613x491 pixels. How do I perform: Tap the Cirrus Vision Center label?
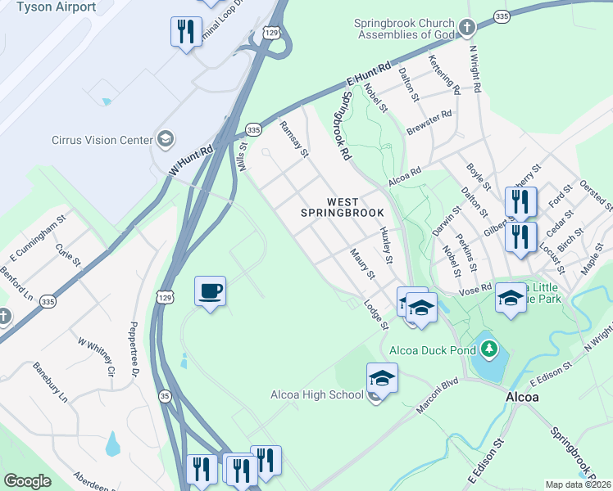(x=102, y=139)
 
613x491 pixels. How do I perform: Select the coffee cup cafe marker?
(x=211, y=291)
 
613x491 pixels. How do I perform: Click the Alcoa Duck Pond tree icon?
(x=489, y=349)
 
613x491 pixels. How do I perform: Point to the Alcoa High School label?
(x=317, y=395)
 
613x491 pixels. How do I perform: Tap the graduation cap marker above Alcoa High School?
(x=382, y=378)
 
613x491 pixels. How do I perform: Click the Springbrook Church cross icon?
(x=467, y=29)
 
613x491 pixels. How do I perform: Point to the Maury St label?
(x=361, y=264)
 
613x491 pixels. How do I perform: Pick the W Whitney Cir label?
(x=96, y=357)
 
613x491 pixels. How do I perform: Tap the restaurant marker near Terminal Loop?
(x=186, y=32)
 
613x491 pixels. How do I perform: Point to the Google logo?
(x=27, y=481)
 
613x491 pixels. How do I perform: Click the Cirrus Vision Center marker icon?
(x=166, y=138)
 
